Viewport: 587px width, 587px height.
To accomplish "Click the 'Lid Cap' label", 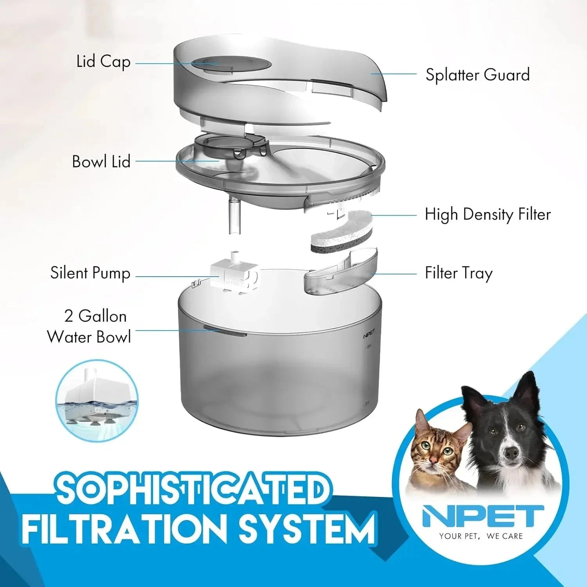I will (x=103, y=62).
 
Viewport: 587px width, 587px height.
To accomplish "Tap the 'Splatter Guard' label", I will (x=477, y=75).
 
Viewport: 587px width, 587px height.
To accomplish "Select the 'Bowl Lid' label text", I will (x=101, y=162).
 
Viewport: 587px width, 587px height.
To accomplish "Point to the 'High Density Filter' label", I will (x=488, y=214).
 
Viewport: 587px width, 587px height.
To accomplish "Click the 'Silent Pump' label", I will (x=90, y=273).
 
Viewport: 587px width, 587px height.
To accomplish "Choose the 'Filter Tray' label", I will (x=459, y=273).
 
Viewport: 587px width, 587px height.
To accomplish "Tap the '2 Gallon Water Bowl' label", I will (x=89, y=327).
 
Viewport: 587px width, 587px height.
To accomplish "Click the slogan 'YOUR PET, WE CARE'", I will (x=481, y=536).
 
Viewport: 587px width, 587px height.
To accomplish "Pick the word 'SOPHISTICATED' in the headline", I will (x=192, y=489).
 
